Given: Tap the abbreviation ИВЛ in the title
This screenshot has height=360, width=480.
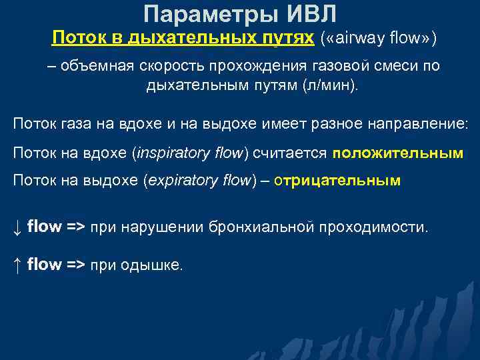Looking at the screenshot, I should pos(313,13).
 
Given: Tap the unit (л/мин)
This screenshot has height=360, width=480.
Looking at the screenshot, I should pos(331,87).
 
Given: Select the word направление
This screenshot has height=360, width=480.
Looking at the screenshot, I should pos(417,124).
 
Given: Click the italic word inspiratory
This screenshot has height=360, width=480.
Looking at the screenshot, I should pos(169,153).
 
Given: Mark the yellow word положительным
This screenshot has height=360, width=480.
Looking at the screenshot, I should pos(398,153).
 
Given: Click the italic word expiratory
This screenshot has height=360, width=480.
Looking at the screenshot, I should pos(175,181).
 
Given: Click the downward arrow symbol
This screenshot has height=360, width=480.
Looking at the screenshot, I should pos(17,227).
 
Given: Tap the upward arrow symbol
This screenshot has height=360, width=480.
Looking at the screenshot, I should pos(17,265).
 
